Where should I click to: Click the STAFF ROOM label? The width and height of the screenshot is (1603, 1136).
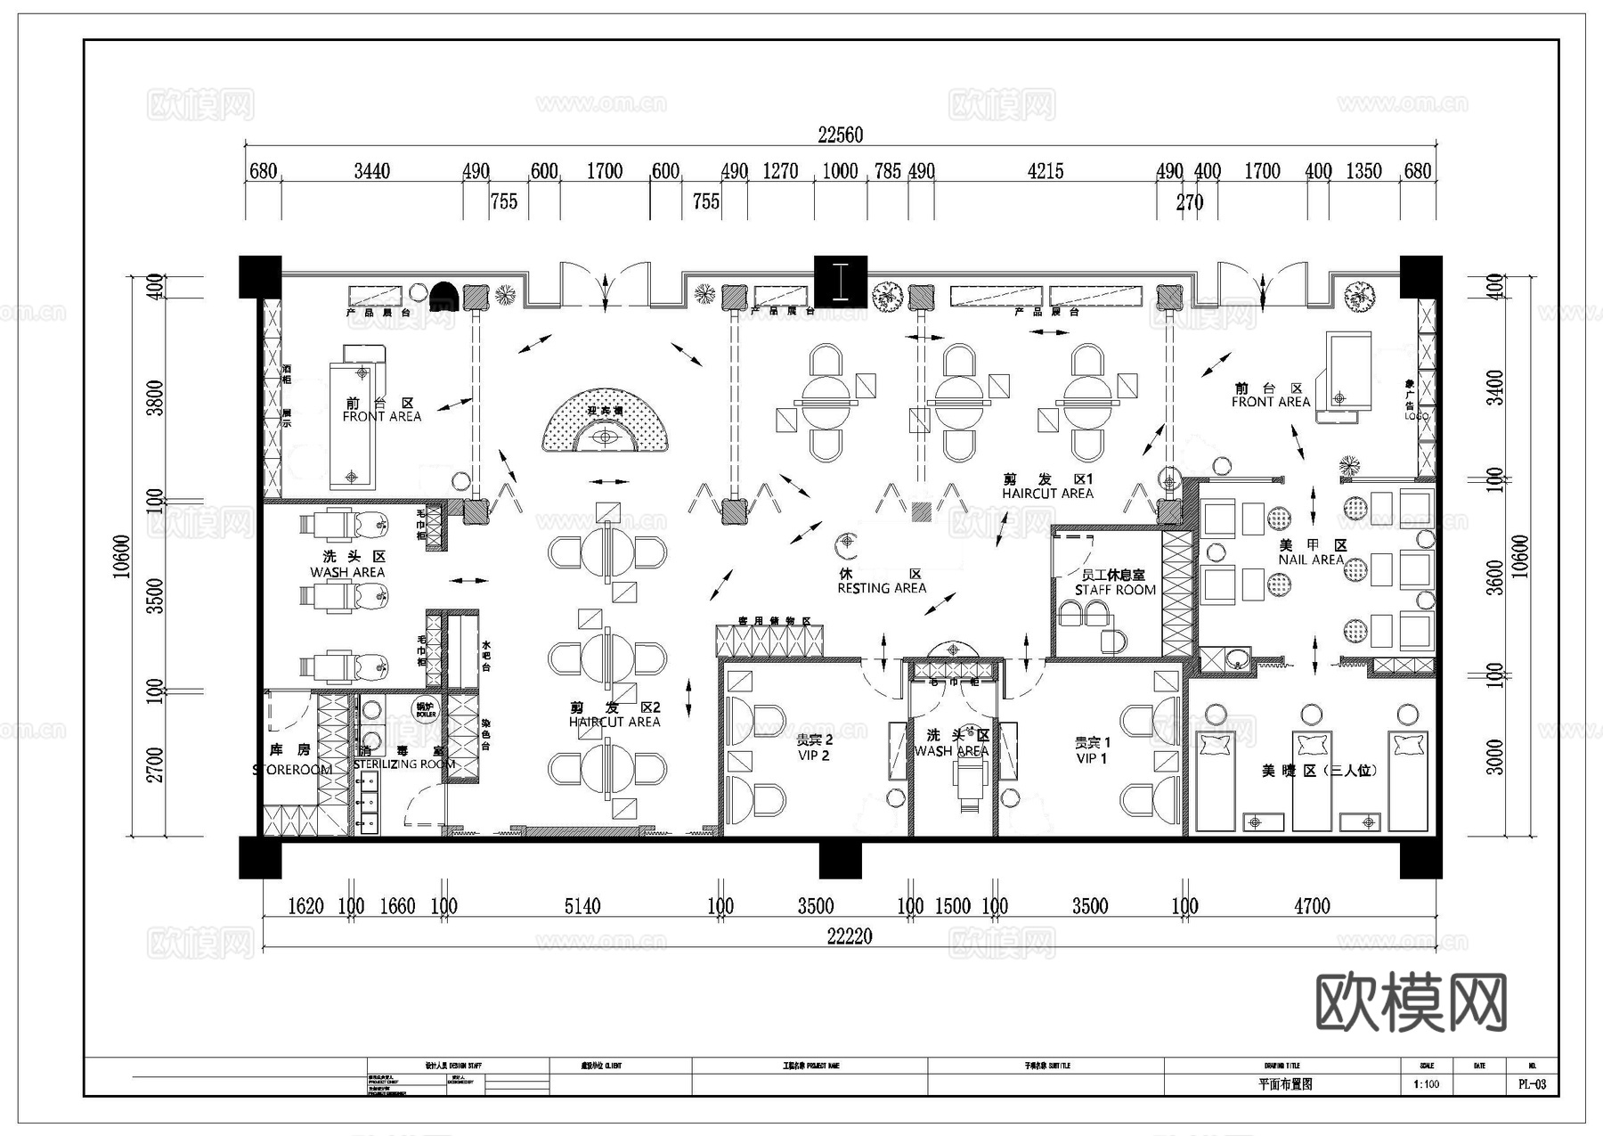click(1114, 590)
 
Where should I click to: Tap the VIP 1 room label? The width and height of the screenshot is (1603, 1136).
click(1092, 758)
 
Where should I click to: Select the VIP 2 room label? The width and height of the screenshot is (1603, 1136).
click(813, 756)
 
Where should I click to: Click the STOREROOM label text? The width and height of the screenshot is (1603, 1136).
click(292, 770)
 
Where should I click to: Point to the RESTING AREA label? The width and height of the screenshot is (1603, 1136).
click(882, 588)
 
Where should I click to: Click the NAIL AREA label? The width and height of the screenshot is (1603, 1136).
click(1310, 560)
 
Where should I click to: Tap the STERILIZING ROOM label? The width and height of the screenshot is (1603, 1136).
click(404, 764)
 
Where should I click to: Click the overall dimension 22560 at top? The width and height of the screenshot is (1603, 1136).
click(840, 135)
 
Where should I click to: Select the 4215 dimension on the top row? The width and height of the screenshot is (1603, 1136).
click(1045, 171)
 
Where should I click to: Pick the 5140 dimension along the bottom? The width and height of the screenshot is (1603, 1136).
click(582, 906)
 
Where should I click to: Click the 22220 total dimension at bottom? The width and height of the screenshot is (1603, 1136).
click(849, 936)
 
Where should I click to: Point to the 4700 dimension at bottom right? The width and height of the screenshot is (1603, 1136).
click(1311, 906)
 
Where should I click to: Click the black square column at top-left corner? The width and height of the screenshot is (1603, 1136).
click(260, 277)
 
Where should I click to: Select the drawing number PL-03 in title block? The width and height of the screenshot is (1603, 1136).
click(1532, 1084)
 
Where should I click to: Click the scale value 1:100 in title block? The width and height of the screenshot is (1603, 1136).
click(1426, 1084)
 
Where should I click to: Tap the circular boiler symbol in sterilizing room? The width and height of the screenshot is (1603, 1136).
click(426, 709)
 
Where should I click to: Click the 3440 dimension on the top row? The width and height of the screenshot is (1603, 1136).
click(371, 171)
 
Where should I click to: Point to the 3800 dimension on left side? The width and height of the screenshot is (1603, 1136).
click(155, 397)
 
